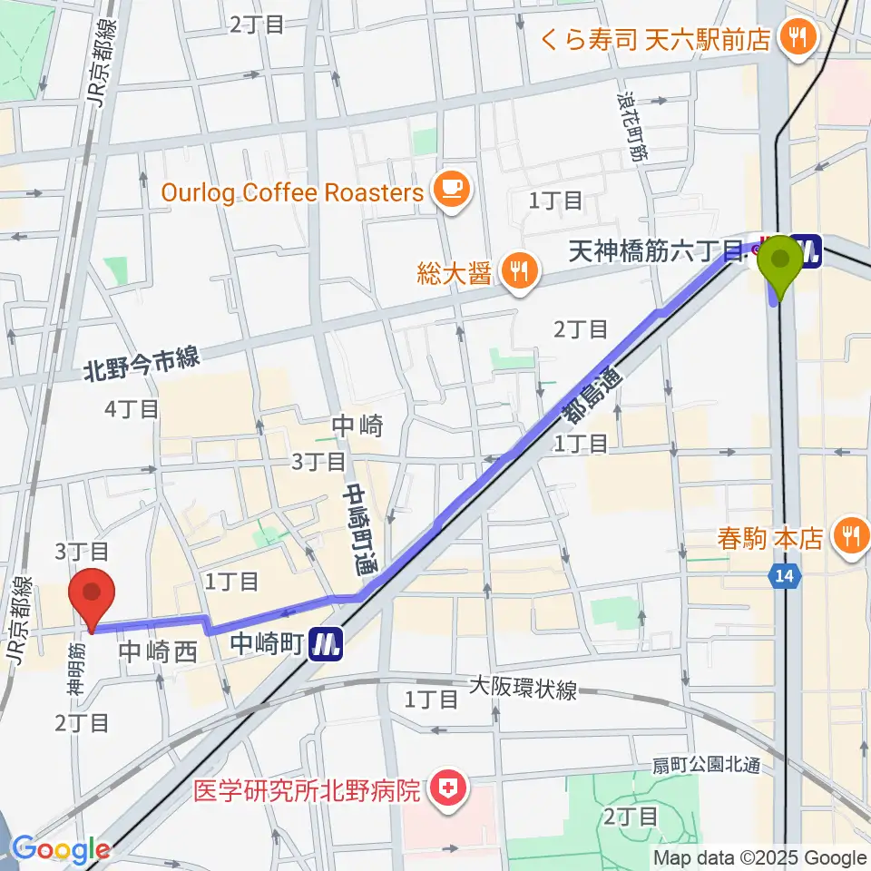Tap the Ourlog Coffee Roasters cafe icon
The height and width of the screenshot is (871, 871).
[451, 190]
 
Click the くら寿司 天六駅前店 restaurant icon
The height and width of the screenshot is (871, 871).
[799, 38]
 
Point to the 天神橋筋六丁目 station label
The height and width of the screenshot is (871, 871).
[656, 252]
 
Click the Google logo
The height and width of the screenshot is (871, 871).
[61, 849]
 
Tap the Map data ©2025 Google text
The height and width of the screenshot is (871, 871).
[759, 857]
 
